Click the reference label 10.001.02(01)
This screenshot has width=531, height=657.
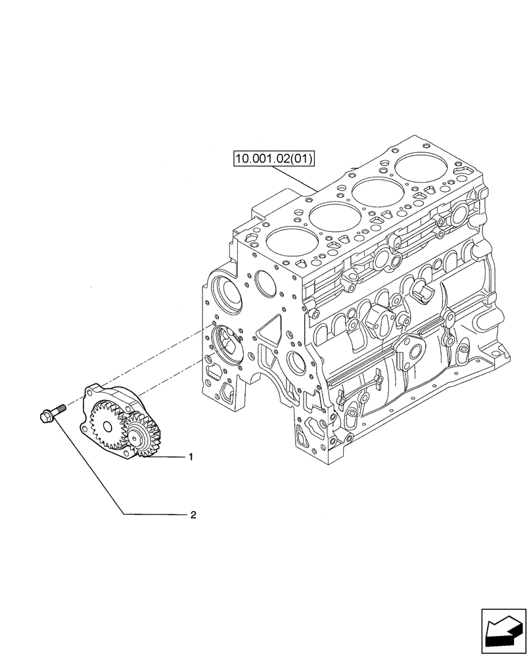[273, 158]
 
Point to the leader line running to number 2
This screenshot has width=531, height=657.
[118, 499]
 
